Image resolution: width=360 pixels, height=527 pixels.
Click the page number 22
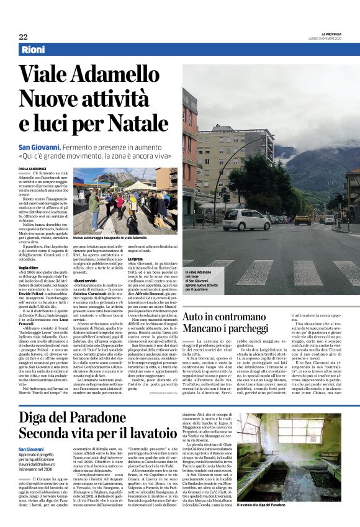point(24,37)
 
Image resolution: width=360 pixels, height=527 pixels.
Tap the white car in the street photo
point(246,219)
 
